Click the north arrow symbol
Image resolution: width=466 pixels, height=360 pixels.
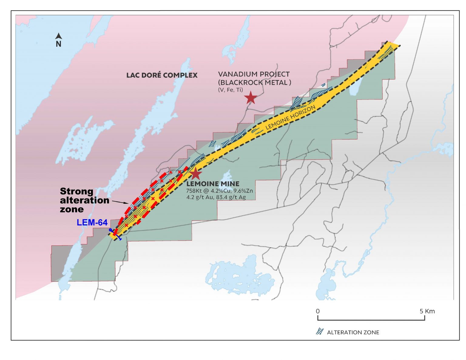point(59,36)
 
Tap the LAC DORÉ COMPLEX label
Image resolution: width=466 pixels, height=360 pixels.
point(162,75)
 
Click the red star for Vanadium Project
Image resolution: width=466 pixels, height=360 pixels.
point(251,98)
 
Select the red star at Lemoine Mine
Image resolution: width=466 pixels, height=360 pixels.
point(196,174)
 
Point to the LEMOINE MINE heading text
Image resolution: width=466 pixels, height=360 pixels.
point(213,184)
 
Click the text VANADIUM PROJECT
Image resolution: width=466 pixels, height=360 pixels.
point(254,74)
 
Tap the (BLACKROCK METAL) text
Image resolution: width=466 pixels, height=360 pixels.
point(255,82)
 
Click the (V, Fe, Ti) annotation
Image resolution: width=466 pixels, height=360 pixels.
point(230,90)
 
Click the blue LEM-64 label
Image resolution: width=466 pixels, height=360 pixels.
point(92,223)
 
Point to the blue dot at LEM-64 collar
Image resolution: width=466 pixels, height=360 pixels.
point(110,230)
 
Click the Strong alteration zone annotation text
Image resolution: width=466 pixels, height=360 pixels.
point(84,200)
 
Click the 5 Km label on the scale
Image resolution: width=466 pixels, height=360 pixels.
point(427,311)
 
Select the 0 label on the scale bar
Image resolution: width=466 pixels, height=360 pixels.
point(318,311)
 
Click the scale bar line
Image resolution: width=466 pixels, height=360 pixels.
point(371,320)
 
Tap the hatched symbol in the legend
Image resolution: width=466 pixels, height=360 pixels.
point(319,332)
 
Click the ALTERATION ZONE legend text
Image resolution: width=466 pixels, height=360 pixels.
point(353,332)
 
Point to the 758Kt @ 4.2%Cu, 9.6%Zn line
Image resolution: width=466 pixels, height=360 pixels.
point(219,191)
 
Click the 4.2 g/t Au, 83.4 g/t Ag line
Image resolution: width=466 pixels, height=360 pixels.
point(216,197)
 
